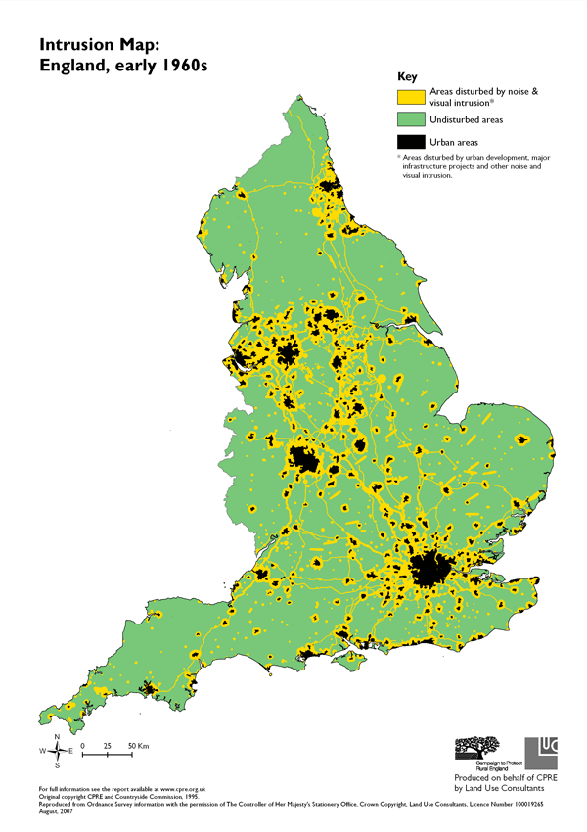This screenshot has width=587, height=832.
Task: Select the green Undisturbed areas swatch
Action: (410, 119)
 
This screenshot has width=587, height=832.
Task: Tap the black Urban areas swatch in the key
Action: (410, 142)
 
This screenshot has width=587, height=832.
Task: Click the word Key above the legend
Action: (408, 76)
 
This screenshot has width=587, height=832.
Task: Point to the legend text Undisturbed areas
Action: (463, 119)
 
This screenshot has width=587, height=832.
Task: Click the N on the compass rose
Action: (57, 736)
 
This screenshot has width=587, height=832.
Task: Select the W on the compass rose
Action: (42, 751)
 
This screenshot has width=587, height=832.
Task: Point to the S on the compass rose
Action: (57, 765)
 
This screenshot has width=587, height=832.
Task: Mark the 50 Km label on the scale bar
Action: (137, 747)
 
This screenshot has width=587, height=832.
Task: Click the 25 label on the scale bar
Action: (107, 747)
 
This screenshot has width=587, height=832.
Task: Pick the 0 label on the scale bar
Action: (83, 747)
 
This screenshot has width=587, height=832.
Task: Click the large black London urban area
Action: (429, 569)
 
